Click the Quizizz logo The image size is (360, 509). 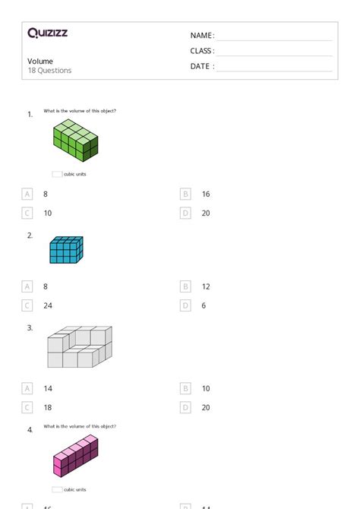pos(47,33)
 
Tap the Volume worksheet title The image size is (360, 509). pos(40,61)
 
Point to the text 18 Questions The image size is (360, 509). pos(49,71)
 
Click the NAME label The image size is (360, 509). pos(202,36)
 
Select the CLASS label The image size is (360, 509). pos(202,51)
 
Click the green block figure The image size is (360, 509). pos(75,141)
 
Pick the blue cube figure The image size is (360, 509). pos(66,249)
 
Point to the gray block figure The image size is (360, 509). pos(79,347)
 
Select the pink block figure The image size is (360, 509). pos(76,457)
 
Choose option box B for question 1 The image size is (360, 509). pos(185,194)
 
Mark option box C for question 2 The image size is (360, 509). pos(27,305)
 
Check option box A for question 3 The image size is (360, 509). pos(27,388)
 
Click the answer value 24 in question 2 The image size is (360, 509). pos(48,305)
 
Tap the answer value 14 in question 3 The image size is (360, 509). pos(48,388)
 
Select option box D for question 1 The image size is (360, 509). pos(185,213)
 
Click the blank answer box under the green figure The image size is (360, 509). pos(57,174)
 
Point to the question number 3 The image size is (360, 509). pos(30,328)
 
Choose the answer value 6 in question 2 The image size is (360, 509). pos(204,305)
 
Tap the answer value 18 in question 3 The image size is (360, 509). pos(48,407)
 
